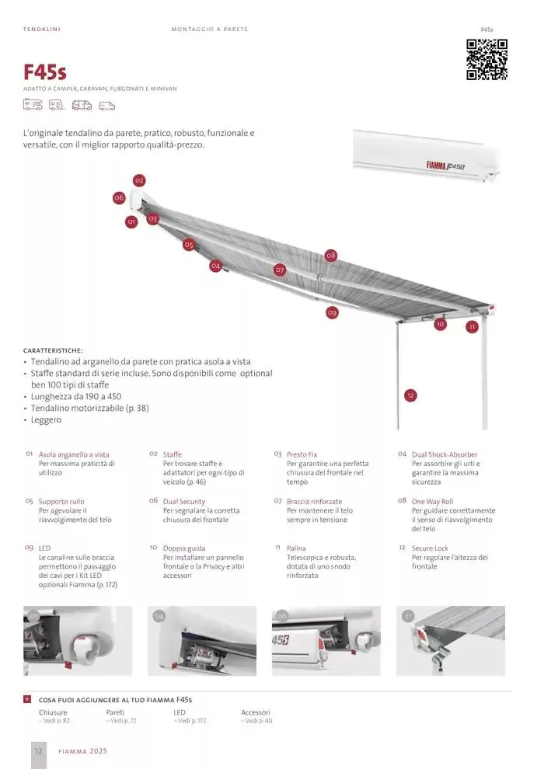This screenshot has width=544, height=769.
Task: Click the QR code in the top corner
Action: point(486,59)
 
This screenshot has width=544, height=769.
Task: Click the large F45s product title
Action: point(45,73)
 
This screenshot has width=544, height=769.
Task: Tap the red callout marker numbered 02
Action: point(139,181)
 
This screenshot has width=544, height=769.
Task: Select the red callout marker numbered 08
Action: point(330,255)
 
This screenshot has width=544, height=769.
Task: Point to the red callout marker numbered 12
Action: point(410,395)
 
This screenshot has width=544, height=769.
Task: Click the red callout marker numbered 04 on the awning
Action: point(215,266)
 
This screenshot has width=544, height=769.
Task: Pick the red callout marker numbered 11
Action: point(472,327)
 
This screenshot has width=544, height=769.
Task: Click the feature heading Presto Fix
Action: point(302,454)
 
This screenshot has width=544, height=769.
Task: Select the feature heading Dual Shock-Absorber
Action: point(444,454)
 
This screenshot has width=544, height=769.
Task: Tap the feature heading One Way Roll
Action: point(432,502)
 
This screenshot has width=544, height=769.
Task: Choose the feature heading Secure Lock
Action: point(430,548)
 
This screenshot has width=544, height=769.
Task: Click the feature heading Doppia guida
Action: point(183,548)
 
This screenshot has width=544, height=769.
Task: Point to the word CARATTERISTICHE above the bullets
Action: point(53,350)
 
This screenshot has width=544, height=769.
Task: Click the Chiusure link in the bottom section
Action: point(53,712)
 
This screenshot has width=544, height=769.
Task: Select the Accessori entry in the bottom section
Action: point(256,712)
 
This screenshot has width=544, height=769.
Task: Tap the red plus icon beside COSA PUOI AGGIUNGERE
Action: point(27,700)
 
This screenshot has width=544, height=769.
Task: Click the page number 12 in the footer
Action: point(37,751)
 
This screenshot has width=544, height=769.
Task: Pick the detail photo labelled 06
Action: point(326,641)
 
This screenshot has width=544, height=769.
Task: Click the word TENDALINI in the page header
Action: point(42,30)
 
